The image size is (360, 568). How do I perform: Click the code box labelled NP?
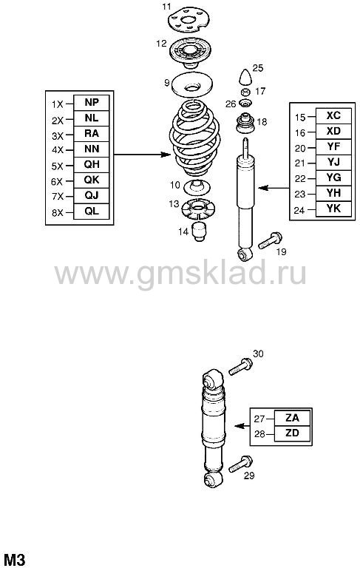(x=91, y=103)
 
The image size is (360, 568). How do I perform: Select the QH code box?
(x=91, y=165)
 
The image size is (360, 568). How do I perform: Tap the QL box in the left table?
(x=91, y=212)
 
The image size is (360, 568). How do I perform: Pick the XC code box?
(x=333, y=116)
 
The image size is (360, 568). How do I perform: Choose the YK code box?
(x=333, y=209)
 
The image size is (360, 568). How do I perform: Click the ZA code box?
(x=292, y=418)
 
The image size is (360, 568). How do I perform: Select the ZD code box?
(x=292, y=433)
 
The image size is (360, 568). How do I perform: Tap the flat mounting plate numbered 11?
(x=189, y=21)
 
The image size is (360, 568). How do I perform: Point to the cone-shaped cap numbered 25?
(x=246, y=77)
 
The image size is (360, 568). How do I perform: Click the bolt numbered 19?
(x=270, y=240)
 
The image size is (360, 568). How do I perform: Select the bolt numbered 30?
(x=240, y=366)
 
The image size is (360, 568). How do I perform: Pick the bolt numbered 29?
(x=240, y=464)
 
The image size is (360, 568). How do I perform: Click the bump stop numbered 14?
(x=198, y=232)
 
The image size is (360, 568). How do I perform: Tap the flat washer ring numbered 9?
(x=192, y=86)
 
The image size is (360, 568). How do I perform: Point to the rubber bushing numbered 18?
(x=245, y=124)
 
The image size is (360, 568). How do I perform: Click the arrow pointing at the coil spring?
(x=142, y=155)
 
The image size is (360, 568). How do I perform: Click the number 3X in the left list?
(x=57, y=136)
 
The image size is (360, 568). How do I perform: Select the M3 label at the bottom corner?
(x=14, y=559)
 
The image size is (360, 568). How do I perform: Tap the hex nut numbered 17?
(x=245, y=91)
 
